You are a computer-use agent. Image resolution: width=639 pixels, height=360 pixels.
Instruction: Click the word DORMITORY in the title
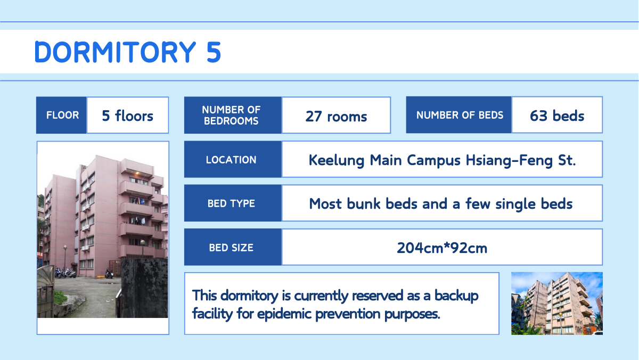click(115, 52)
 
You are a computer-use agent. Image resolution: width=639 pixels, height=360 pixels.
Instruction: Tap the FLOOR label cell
click(61, 115)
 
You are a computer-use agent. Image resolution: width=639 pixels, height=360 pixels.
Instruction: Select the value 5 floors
click(127, 116)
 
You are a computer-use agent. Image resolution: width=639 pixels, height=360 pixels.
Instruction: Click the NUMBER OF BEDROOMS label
click(231, 115)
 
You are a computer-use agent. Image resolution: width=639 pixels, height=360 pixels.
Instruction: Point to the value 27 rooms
click(336, 117)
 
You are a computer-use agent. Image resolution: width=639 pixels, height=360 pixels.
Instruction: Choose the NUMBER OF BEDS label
click(460, 115)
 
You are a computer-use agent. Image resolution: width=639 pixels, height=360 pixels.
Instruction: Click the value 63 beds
click(557, 116)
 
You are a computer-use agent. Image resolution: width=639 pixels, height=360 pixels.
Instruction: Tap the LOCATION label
click(231, 160)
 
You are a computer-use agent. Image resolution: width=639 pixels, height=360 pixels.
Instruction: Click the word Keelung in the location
click(337, 160)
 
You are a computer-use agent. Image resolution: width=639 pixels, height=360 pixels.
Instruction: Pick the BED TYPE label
click(231, 203)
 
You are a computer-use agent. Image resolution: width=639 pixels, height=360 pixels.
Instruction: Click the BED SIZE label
click(231, 248)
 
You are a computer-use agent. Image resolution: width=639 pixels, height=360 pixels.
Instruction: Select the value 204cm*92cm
click(442, 248)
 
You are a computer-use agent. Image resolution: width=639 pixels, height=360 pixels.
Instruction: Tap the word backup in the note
click(456, 296)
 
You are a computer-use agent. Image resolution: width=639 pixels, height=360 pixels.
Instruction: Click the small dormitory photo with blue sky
click(557, 304)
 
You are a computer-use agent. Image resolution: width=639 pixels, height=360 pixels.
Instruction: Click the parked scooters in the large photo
click(65, 273)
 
